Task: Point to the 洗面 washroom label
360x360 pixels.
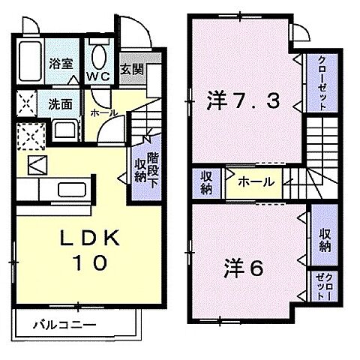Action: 61,104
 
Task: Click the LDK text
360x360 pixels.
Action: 88,238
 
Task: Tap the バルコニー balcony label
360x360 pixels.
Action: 64,326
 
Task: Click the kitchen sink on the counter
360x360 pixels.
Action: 70,189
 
